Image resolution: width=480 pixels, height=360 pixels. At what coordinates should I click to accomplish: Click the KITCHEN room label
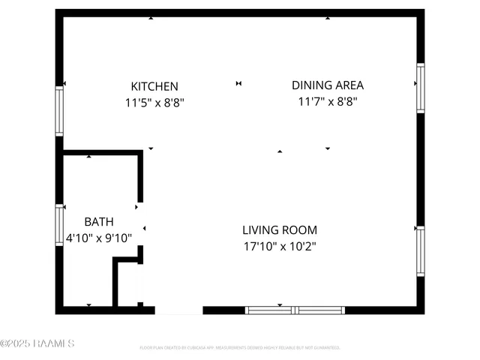point(154,86)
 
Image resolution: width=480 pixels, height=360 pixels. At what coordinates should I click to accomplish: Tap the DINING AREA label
point(322,85)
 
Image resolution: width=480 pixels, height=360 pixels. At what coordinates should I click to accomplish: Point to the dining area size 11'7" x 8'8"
point(322,101)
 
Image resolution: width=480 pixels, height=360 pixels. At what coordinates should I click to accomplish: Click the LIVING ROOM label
point(279,230)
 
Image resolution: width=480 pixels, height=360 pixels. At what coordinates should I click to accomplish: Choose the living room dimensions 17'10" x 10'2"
point(279,246)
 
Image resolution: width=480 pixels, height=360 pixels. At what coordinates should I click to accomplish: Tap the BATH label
point(99,222)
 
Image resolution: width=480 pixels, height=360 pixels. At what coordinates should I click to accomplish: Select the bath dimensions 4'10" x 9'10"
point(98,238)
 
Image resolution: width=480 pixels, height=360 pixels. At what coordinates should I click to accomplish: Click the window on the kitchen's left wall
point(59,111)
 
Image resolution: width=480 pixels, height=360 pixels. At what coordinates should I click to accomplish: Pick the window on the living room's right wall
point(421,250)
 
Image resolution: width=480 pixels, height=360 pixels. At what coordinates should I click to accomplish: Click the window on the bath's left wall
point(59,226)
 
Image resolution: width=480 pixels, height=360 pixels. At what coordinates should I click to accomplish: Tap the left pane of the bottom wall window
point(269,310)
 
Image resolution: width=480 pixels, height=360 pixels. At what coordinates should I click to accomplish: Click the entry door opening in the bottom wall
point(178,310)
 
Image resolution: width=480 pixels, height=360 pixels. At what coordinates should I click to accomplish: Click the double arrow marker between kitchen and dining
point(239,83)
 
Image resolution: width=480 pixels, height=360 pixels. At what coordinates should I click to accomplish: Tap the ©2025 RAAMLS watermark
point(37,344)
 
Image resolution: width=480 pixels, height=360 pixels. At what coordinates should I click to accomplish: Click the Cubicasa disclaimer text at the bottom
point(240,348)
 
